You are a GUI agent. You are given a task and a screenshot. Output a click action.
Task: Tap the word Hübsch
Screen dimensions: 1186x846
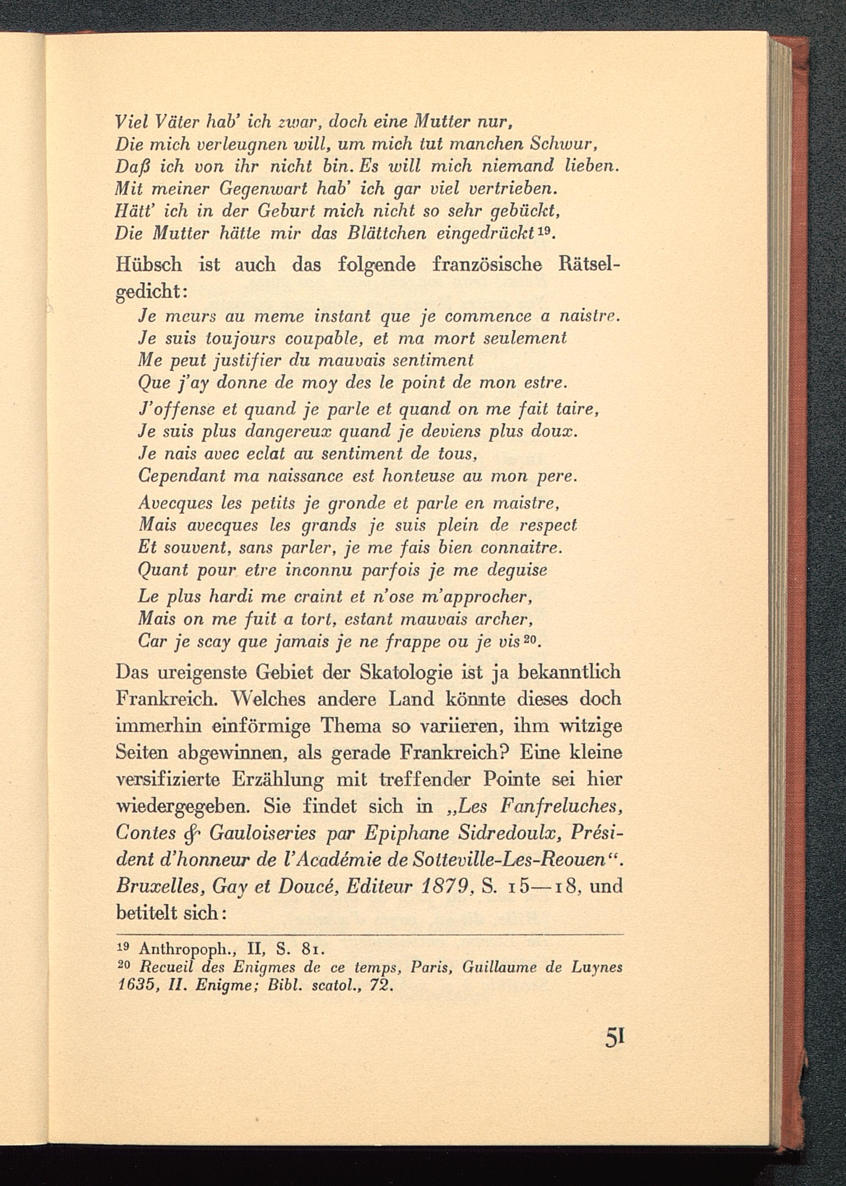[x=148, y=266]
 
